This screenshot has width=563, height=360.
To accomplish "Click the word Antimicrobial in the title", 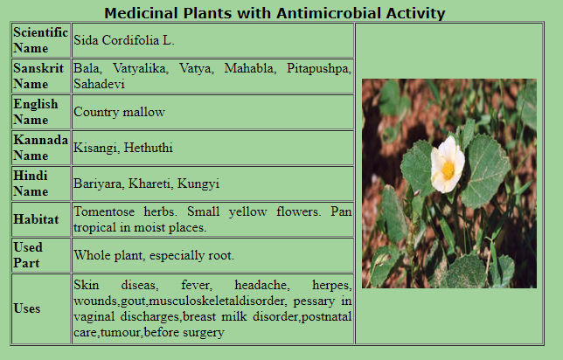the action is click(x=328, y=13).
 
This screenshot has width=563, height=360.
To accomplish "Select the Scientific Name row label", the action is click(x=40, y=40).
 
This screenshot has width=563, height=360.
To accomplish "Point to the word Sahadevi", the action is click(x=99, y=84).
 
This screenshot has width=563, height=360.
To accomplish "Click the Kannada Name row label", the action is click(x=40, y=148).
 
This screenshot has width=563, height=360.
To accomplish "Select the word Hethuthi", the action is click(x=149, y=148).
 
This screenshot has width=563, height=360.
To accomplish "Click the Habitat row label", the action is click(x=36, y=219).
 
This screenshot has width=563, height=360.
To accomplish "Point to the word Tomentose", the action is click(x=104, y=211).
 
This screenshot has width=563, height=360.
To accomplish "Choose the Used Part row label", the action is click(x=28, y=255).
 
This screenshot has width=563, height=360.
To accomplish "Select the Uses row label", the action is click(x=26, y=308).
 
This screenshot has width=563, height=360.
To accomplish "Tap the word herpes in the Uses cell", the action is click(x=332, y=286).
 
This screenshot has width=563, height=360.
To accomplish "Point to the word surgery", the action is click(x=204, y=332).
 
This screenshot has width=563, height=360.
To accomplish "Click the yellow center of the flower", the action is click(x=448, y=170).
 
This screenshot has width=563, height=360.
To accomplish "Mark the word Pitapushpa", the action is click(x=319, y=68).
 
